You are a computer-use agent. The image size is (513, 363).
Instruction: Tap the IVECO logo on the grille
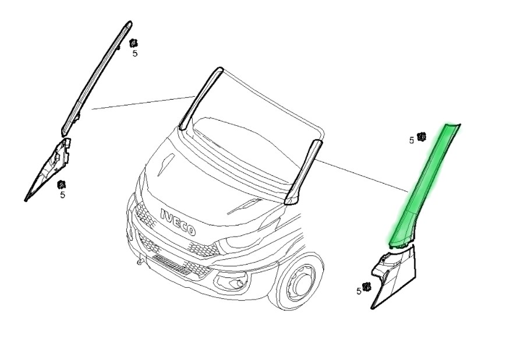coord(178,222)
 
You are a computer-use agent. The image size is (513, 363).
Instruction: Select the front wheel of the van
coord(301,283)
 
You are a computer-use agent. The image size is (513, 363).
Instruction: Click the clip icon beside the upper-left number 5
coord(133,43)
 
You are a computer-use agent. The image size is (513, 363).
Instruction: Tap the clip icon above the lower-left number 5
coord(61,185)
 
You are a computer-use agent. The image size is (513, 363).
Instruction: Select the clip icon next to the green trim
coord(422,137)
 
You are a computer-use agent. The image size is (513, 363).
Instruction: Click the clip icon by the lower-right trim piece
coord(367,287)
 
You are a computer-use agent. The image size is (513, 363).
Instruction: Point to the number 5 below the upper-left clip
coord(135,54)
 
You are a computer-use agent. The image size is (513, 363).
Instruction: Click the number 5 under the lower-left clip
coord(62,195)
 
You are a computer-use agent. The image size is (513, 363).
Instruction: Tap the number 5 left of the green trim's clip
coord(412,140)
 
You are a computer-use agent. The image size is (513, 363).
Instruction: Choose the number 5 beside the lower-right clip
coord(359,291)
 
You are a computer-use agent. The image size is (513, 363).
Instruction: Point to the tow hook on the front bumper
coord(140,261)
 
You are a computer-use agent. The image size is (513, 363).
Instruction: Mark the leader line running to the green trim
coord(362,176)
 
